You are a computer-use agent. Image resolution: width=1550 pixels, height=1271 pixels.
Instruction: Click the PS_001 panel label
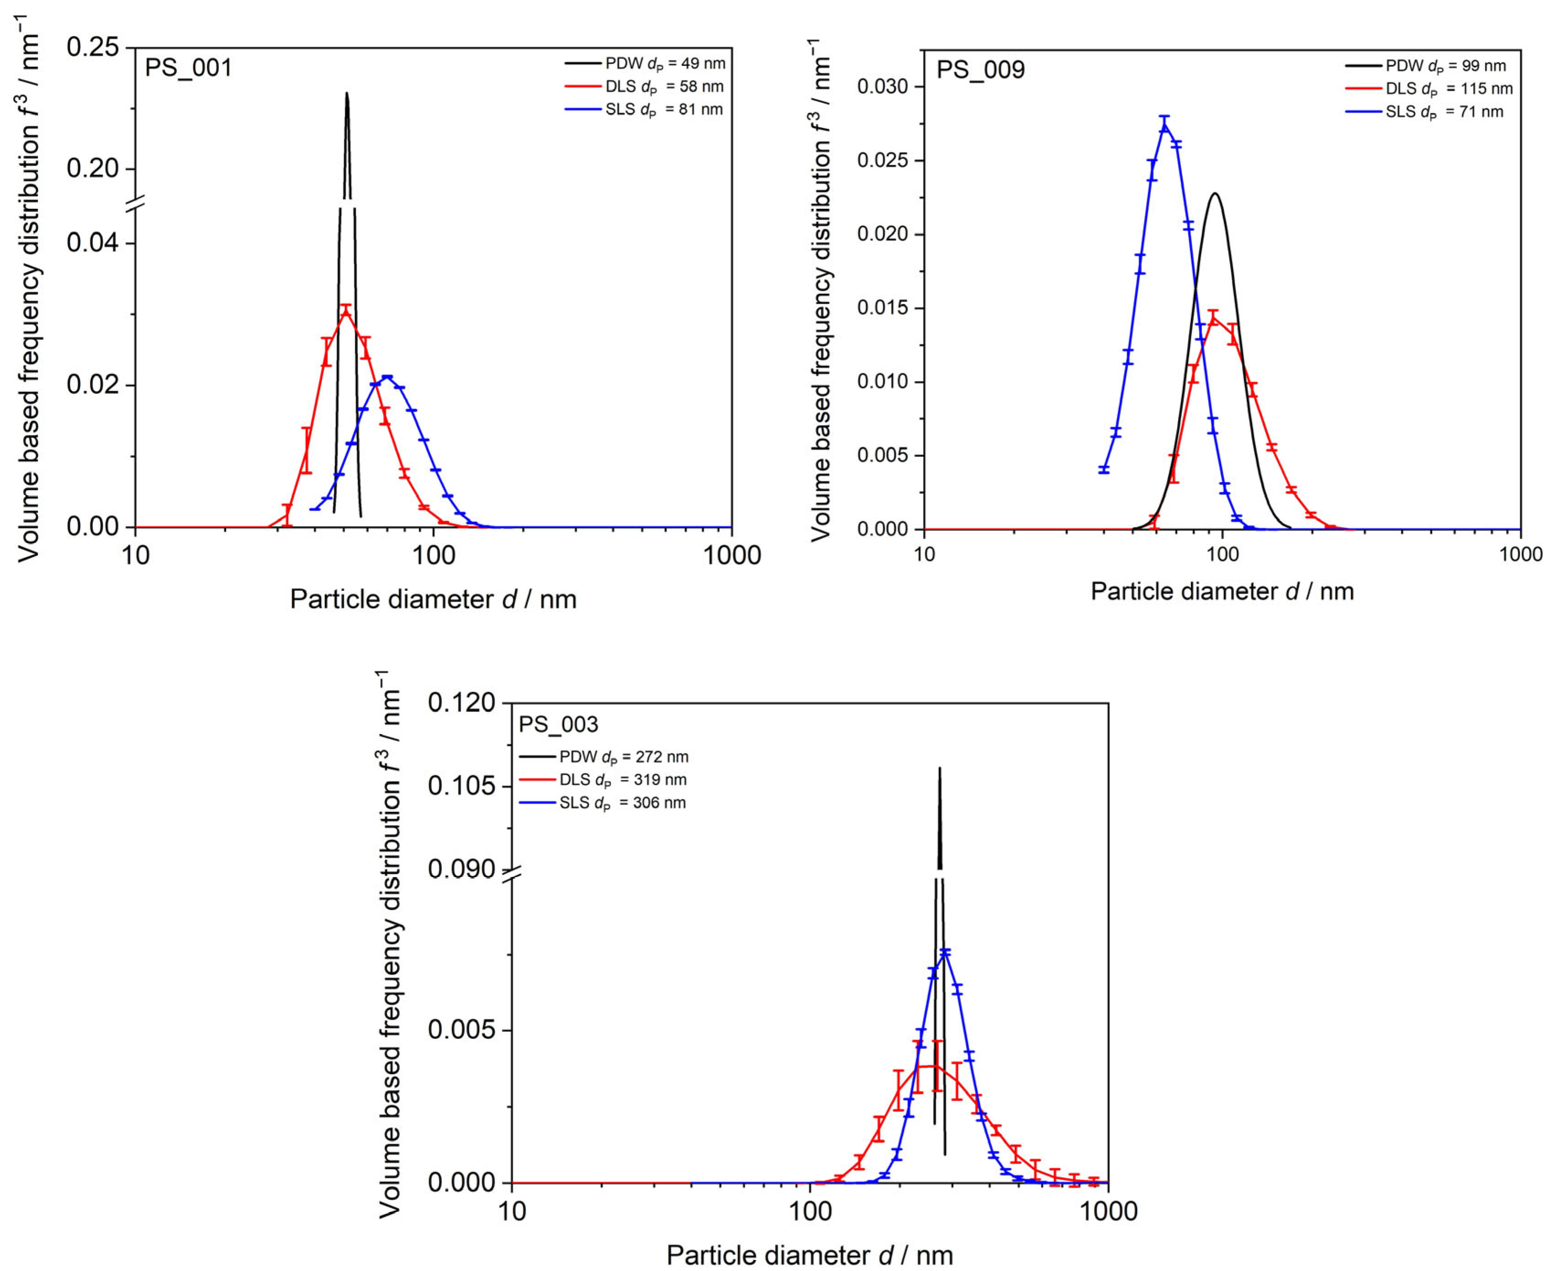(188, 68)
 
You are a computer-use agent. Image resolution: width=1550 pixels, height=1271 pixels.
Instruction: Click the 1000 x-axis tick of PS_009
(1520, 554)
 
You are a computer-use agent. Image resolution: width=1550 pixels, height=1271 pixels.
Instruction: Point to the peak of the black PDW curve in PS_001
(346, 93)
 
